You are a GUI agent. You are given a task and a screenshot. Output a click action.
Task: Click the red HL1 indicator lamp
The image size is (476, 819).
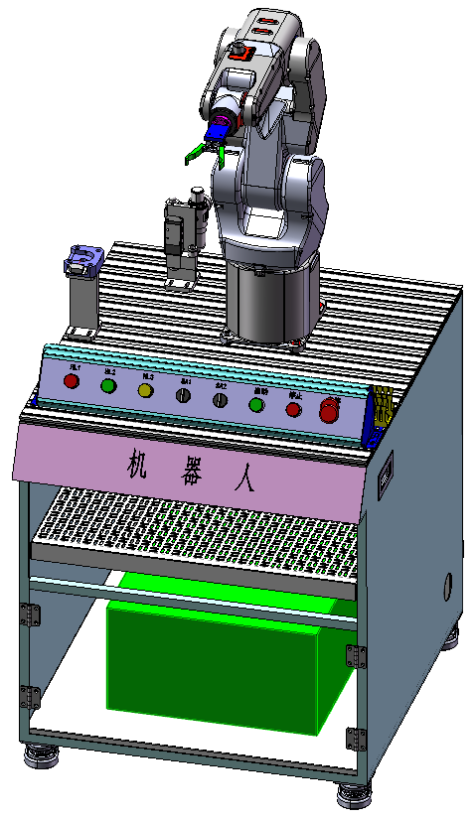pyautogui.click(x=72, y=381)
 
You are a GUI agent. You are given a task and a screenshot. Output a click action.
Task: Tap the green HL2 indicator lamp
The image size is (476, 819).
pyautogui.click(x=108, y=385)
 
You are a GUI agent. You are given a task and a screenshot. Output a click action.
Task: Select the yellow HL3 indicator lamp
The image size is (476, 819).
pyautogui.click(x=146, y=390)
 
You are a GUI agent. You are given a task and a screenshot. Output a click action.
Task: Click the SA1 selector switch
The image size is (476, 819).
pyautogui.click(x=184, y=395)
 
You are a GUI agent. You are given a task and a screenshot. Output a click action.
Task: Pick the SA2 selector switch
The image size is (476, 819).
pyautogui.click(x=221, y=399)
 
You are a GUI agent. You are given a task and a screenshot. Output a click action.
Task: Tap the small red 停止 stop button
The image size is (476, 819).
pyautogui.click(x=293, y=408)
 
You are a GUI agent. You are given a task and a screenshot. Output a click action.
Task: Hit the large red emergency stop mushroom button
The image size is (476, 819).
pyautogui.click(x=329, y=410)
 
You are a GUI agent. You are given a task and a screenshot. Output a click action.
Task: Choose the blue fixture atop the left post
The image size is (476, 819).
pyautogui.click(x=81, y=260)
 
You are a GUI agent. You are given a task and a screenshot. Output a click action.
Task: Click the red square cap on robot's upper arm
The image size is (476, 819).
pyautogui.click(x=239, y=55)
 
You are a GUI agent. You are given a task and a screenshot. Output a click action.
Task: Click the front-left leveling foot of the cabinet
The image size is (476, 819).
pyautogui.click(x=42, y=756)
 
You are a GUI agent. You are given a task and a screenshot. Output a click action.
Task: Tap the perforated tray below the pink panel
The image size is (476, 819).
pyautogui.click(x=199, y=526)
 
